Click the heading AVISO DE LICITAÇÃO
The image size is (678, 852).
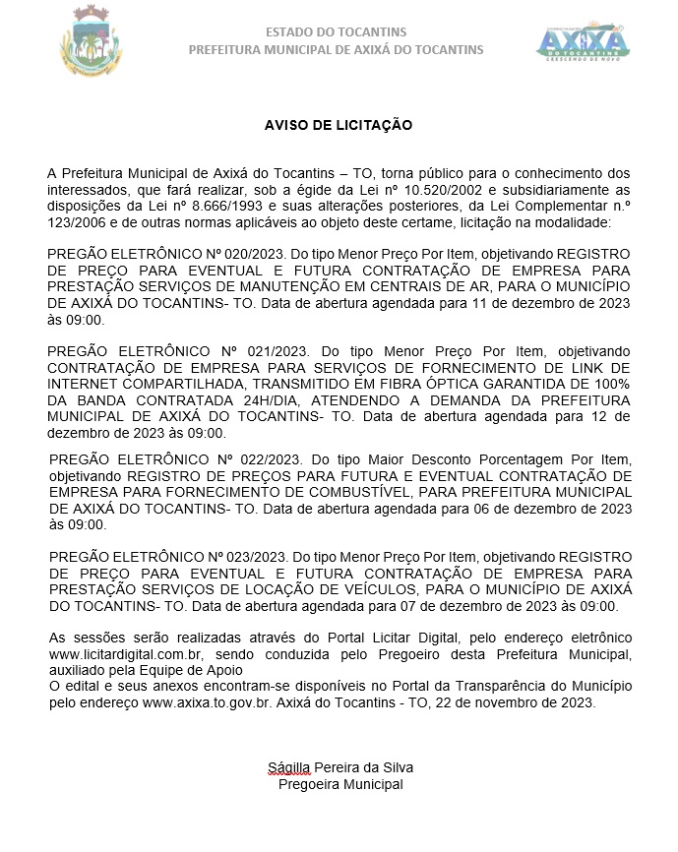click(338, 125)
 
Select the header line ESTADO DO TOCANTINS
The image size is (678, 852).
click(336, 32)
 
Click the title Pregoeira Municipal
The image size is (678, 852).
click(340, 784)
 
